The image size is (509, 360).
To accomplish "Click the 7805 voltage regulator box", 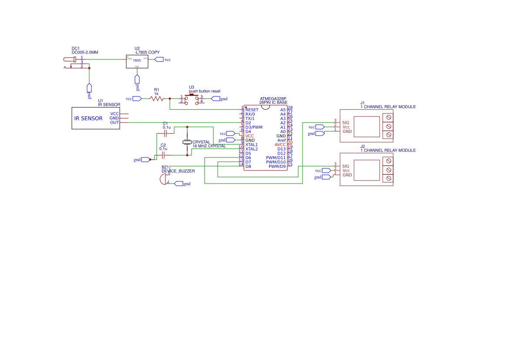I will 137,61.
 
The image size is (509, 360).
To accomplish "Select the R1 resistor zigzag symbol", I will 156,99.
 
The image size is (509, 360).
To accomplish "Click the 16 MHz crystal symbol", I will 187,142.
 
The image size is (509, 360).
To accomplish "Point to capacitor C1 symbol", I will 165,132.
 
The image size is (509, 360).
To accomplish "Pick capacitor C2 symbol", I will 163,154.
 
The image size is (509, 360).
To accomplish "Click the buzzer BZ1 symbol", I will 164,181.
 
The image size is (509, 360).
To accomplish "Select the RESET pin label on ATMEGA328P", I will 252,110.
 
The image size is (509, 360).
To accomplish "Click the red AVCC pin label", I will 280,145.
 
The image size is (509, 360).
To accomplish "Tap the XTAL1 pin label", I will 251,145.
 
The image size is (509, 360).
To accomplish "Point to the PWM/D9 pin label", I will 277,166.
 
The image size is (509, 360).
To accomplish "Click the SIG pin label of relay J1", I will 346,122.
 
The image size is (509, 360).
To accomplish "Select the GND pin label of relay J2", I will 347,175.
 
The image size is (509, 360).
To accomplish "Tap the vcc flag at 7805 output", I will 159,59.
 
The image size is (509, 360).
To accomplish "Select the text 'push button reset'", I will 204,92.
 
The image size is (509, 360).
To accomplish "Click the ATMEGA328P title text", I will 273,98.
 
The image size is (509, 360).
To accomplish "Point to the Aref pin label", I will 281,140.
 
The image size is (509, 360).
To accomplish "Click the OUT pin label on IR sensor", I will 115,122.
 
